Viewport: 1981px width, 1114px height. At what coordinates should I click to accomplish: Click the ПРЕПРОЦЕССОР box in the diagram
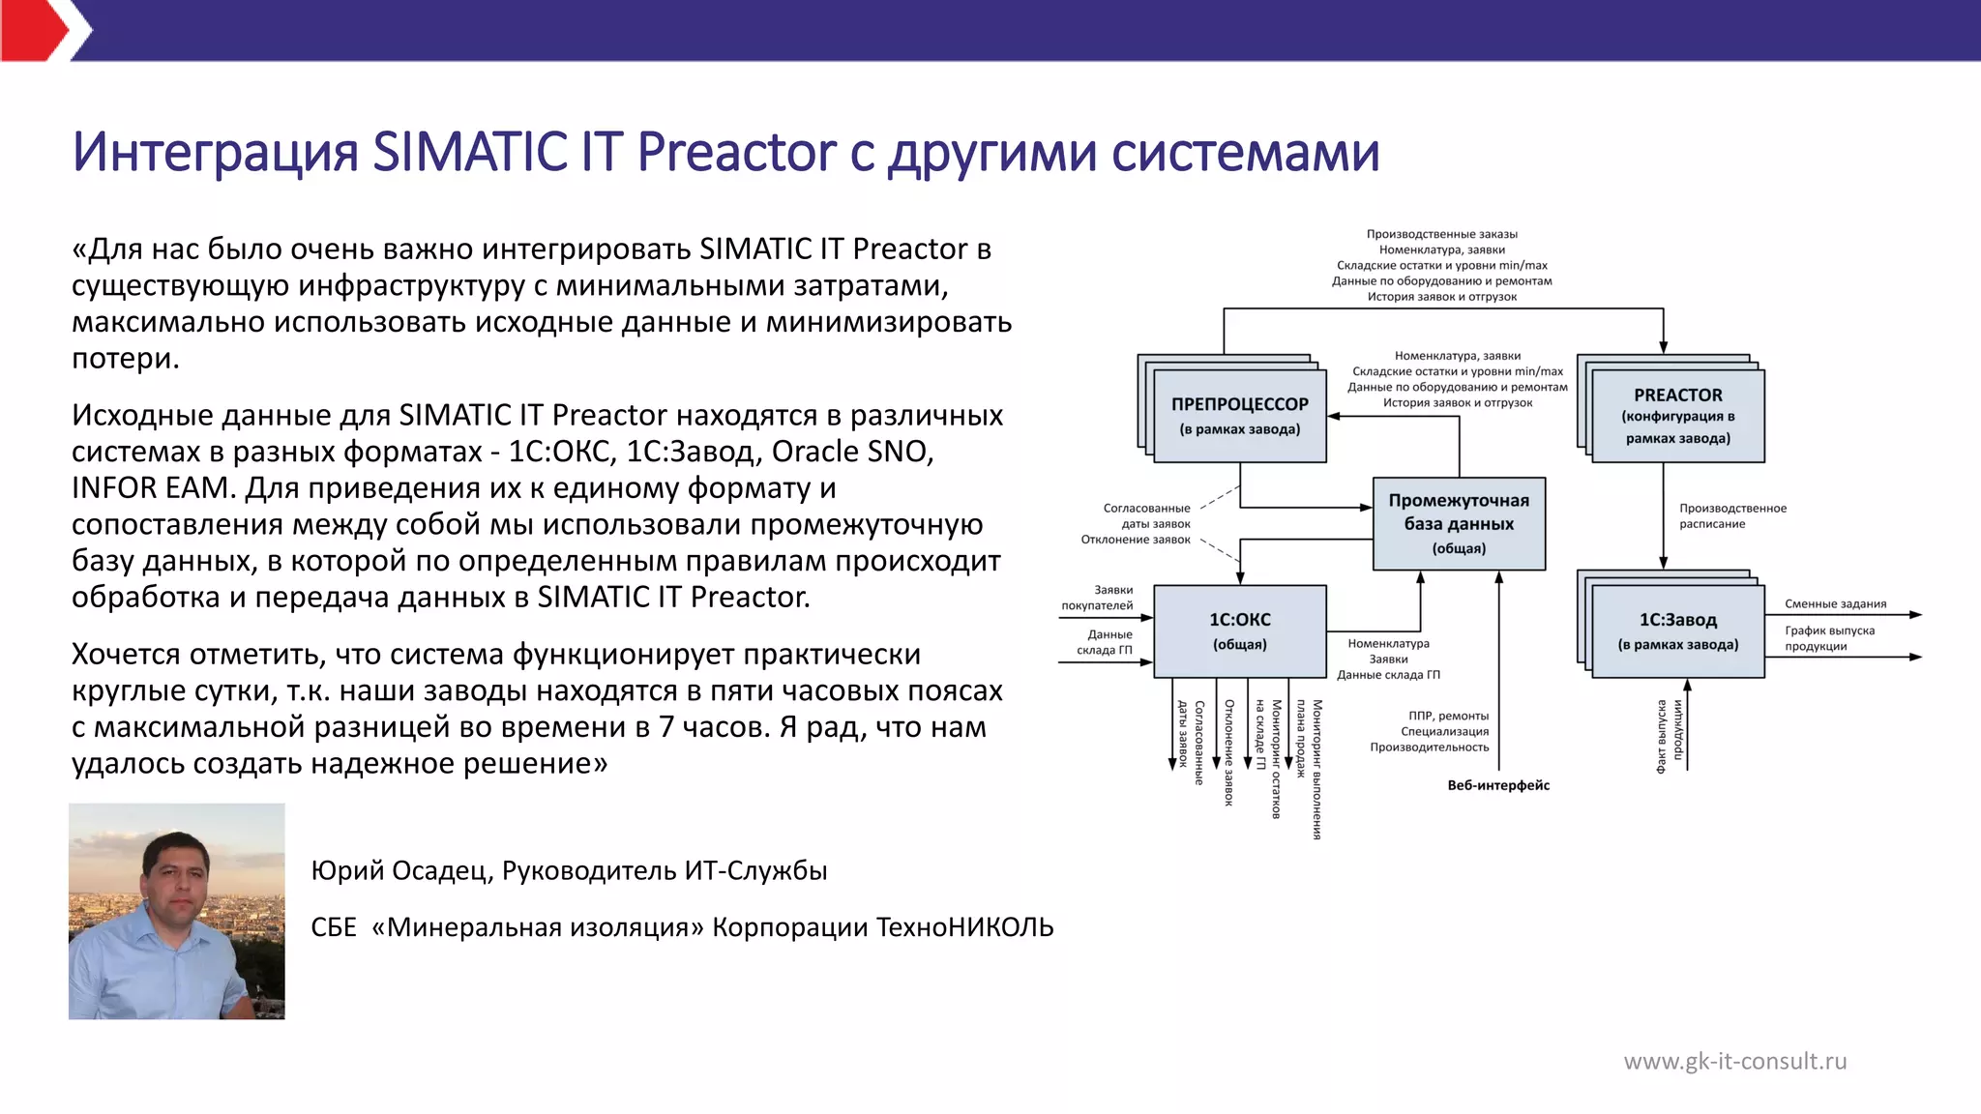pyautogui.click(x=1239, y=416)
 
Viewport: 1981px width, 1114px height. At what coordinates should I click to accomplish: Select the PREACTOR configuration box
pyautogui.click(x=1677, y=416)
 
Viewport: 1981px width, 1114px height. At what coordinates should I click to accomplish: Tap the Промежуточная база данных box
pyautogui.click(x=1459, y=523)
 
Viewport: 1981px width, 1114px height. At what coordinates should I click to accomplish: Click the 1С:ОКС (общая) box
pyautogui.click(x=1239, y=630)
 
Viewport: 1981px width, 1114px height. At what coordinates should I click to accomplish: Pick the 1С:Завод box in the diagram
pyautogui.click(x=1677, y=630)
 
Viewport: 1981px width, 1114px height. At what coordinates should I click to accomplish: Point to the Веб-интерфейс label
pyautogui.click(x=1498, y=785)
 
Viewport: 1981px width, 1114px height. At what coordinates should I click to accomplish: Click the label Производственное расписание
pyautogui.click(x=1731, y=515)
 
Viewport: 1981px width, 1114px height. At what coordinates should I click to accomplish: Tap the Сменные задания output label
pyautogui.click(x=1835, y=603)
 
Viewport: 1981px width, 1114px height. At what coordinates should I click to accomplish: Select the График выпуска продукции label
pyautogui.click(x=1828, y=638)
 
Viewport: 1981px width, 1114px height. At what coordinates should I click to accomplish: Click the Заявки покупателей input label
pyautogui.click(x=1098, y=598)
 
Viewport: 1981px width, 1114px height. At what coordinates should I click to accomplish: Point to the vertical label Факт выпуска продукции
pyautogui.click(x=1669, y=736)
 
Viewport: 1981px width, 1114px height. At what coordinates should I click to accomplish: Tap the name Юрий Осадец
pyautogui.click(x=399, y=870)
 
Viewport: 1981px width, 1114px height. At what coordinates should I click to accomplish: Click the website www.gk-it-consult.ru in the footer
pyautogui.click(x=1734, y=1061)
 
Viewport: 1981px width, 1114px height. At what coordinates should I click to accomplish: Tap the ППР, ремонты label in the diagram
pyautogui.click(x=1448, y=716)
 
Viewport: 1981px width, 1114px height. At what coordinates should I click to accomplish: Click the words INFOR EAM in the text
pyautogui.click(x=153, y=487)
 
